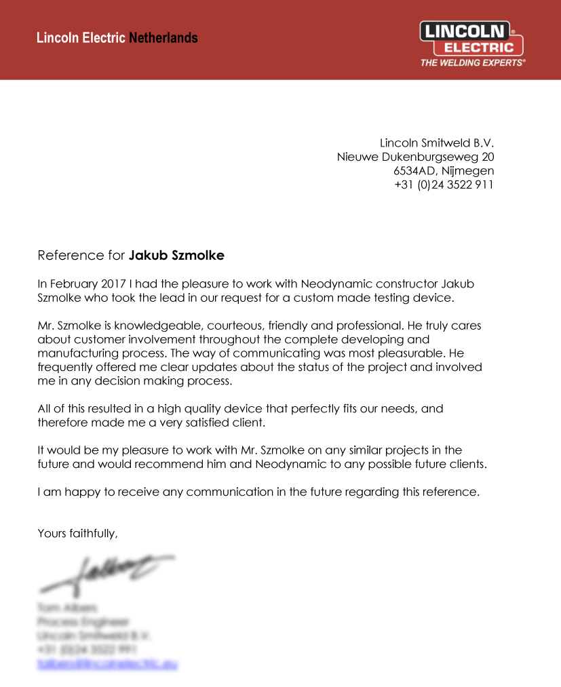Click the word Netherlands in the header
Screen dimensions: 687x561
(x=163, y=38)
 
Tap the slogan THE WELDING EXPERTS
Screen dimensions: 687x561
(x=473, y=62)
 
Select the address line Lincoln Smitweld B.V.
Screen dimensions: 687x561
(x=436, y=143)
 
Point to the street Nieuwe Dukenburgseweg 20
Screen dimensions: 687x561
(x=415, y=157)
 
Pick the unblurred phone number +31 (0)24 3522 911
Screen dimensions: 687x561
(x=444, y=184)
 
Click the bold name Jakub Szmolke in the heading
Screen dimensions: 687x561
(x=176, y=256)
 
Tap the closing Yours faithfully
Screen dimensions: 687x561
(x=77, y=533)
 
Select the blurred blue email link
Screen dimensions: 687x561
(x=107, y=665)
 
